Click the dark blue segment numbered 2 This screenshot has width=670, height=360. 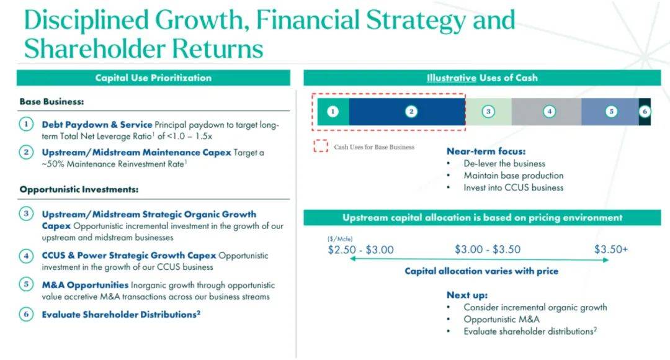(407, 112)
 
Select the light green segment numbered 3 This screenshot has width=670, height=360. (488, 112)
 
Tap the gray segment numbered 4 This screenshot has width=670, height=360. (547, 112)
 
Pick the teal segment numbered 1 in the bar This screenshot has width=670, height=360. (333, 112)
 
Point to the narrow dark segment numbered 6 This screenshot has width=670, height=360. (645, 112)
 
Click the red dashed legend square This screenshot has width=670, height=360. (321, 146)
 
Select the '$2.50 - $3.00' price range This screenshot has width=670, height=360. (360, 250)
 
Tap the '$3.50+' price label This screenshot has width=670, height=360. (611, 250)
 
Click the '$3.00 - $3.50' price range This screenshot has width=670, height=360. (488, 250)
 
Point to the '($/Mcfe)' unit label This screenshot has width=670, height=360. (340, 239)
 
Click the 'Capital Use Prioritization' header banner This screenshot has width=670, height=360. (153, 78)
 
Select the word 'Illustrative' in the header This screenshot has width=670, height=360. (451, 78)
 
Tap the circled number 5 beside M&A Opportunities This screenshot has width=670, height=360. (26, 284)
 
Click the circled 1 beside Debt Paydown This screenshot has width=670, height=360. (26, 124)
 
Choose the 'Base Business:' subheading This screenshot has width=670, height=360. (51, 102)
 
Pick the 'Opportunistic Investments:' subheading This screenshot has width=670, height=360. (79, 189)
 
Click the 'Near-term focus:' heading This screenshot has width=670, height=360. (486, 151)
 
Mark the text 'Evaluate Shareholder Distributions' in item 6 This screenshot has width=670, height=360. (119, 315)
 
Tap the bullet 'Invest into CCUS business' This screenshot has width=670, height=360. (513, 187)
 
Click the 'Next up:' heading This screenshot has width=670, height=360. (467, 295)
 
